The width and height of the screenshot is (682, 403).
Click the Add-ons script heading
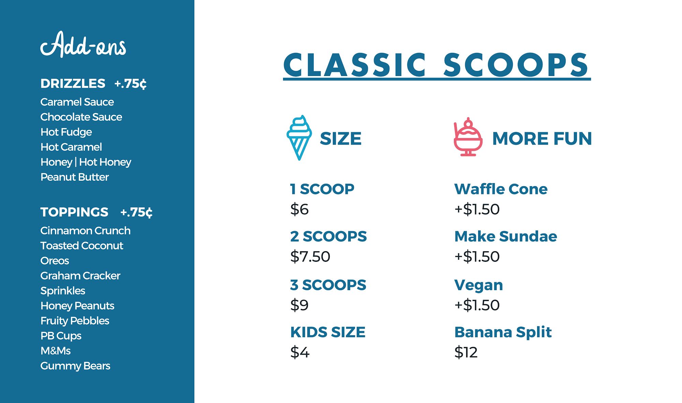[83, 44]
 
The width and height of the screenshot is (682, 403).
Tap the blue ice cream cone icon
[299, 138]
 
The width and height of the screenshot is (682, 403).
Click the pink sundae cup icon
[468, 137]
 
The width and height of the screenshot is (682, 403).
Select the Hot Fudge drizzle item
[66, 132]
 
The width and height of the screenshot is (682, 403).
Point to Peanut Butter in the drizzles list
[75, 177]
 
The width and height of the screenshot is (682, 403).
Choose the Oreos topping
[55, 260]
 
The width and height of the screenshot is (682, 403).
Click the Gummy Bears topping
[75, 366]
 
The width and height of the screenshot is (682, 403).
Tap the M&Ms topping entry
[56, 350]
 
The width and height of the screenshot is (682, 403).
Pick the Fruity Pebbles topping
[75, 321]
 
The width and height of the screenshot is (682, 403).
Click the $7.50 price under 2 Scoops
[310, 256]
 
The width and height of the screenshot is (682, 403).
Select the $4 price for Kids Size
[300, 352]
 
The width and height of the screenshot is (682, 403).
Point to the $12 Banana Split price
[466, 352]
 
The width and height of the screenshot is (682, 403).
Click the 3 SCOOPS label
[328, 285]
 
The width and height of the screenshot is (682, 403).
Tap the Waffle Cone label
[501, 189]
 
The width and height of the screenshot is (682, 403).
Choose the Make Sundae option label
[506, 236]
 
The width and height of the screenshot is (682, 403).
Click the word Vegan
[479, 285]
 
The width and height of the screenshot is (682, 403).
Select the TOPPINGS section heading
[74, 212]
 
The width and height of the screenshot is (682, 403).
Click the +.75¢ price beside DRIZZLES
[131, 84]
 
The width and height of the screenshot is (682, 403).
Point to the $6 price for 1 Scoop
[299, 209]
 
